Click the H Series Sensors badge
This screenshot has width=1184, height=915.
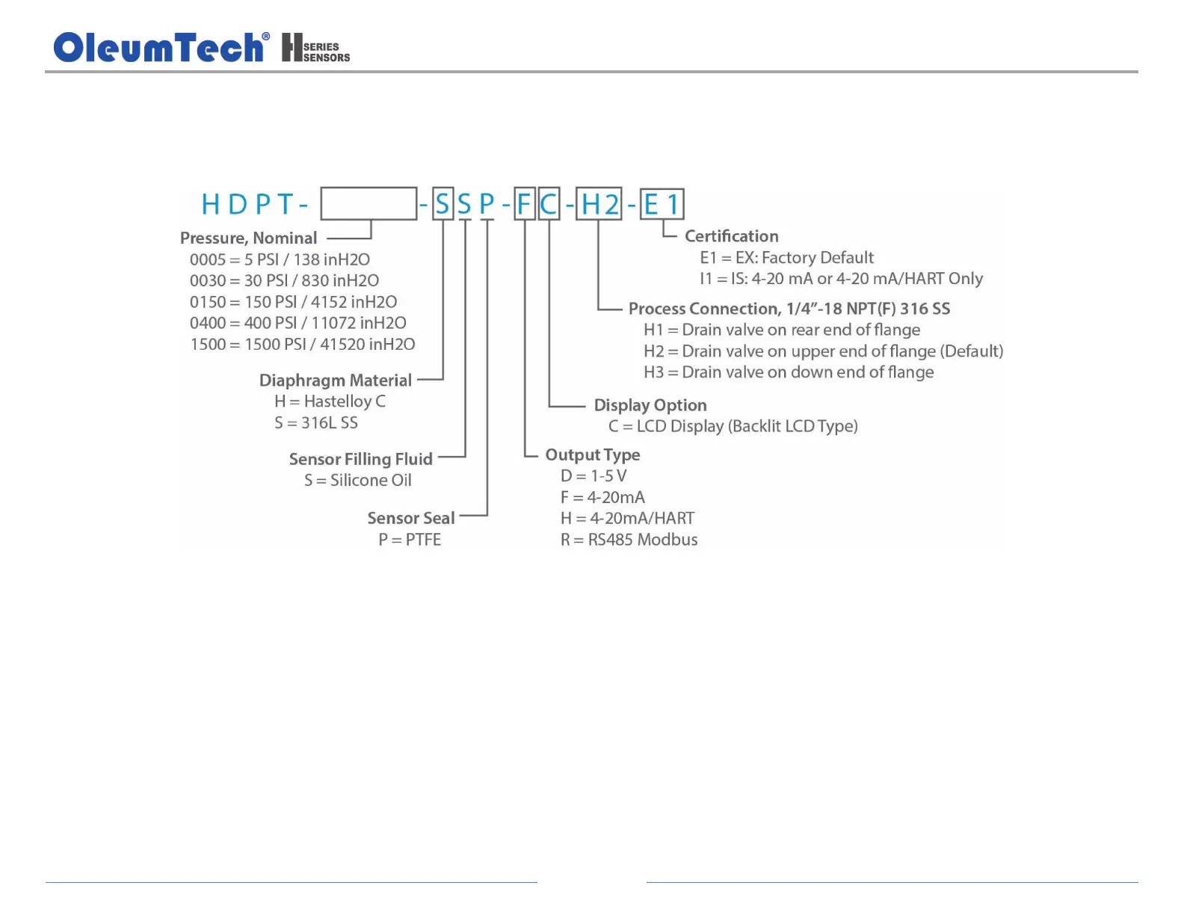pyautogui.click(x=315, y=47)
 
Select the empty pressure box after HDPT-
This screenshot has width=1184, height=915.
pyautogui.click(x=369, y=203)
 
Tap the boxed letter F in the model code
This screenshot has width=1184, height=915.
pyautogui.click(x=525, y=204)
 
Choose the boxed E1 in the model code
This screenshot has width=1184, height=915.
pyautogui.click(x=662, y=204)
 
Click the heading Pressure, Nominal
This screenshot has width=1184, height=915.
pyautogui.click(x=248, y=238)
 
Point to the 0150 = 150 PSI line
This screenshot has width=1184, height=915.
pyautogui.click(x=293, y=302)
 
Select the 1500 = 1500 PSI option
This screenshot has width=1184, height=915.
pyautogui.click(x=302, y=345)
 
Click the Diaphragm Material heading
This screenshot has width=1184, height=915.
pyautogui.click(x=335, y=381)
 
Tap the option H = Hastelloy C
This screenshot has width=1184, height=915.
pyautogui.click(x=330, y=401)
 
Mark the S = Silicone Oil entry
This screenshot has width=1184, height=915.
pyautogui.click(x=357, y=480)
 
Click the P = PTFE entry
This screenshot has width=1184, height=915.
pyautogui.click(x=409, y=540)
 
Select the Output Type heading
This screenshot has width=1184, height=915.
pyautogui.click(x=592, y=455)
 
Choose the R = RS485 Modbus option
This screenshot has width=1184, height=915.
pyautogui.click(x=629, y=540)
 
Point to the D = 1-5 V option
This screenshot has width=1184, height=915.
pyautogui.click(x=593, y=476)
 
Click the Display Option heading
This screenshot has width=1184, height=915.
pyautogui.click(x=650, y=405)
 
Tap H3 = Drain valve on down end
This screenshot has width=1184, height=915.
pyautogui.click(x=789, y=372)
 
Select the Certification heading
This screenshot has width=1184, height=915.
pyautogui.click(x=731, y=236)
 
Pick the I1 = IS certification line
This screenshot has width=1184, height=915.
pyautogui.click(x=841, y=279)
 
